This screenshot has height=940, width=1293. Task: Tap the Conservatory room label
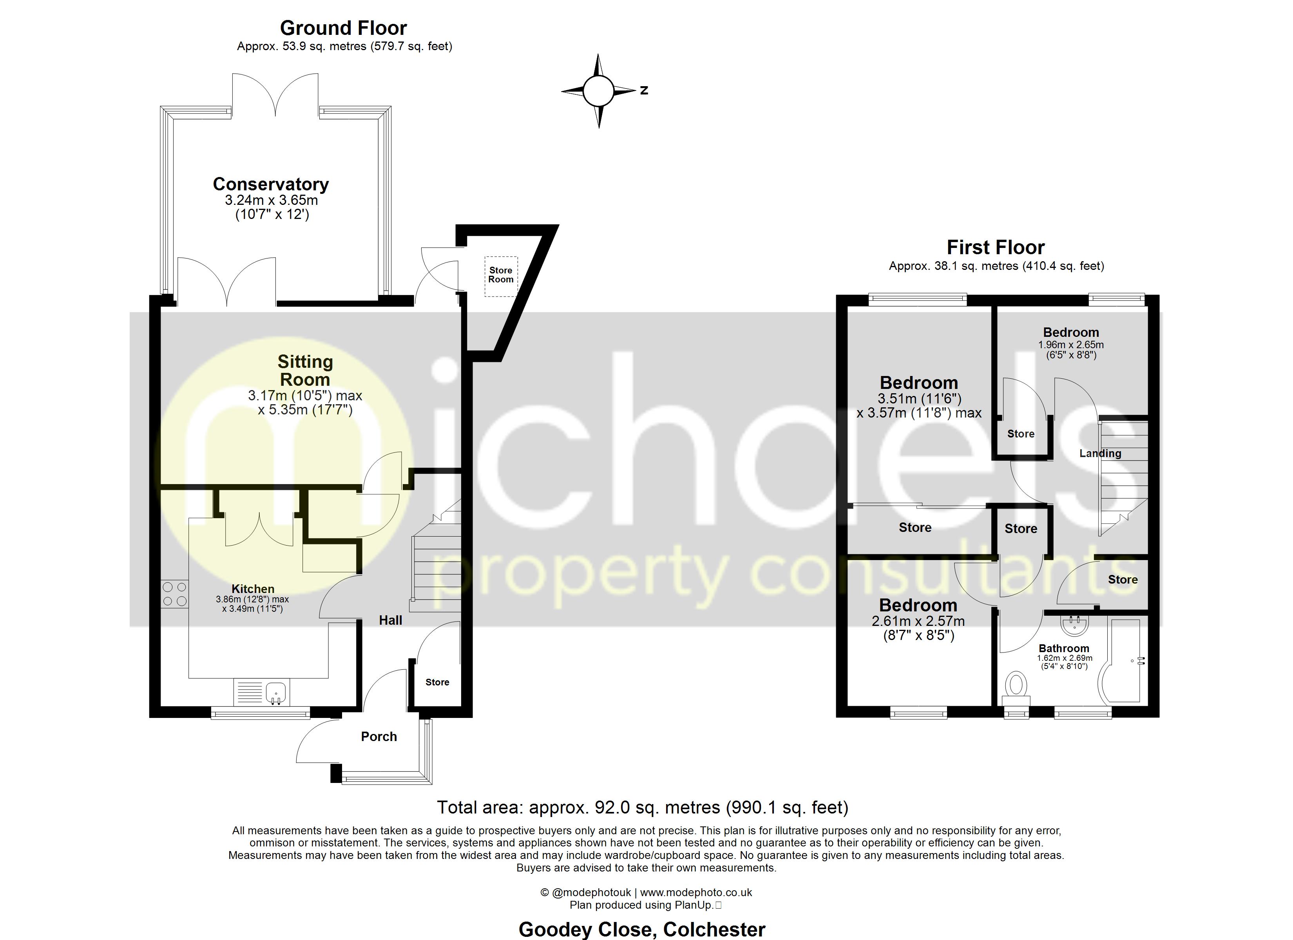click(271, 184)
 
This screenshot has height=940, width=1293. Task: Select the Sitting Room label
click(305, 371)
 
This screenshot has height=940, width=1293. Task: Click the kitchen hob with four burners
click(174, 593)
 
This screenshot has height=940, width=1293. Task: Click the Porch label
click(378, 736)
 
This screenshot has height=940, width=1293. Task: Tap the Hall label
click(391, 620)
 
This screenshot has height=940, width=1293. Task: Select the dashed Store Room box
click(501, 276)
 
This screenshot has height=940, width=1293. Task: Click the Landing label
click(1100, 453)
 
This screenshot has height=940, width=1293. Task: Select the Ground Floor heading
click(343, 28)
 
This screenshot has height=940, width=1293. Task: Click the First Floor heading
click(995, 248)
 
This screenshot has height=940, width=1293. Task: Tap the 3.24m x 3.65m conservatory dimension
click(272, 200)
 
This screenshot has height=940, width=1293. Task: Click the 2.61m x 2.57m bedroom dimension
click(918, 621)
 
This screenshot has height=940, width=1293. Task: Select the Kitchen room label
click(253, 589)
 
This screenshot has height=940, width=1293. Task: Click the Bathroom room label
click(1064, 648)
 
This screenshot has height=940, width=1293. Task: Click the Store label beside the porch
click(437, 682)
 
